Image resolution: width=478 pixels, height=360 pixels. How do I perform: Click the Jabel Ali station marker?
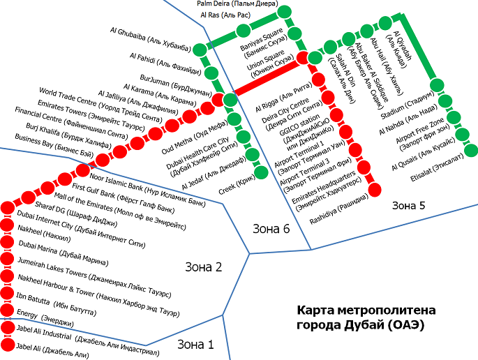coord(8,345)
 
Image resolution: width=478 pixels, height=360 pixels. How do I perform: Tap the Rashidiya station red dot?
coord(375,189)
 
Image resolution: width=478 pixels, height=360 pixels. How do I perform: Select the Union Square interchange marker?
coord(303,58)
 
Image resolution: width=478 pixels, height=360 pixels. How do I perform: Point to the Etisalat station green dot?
coord(471,149)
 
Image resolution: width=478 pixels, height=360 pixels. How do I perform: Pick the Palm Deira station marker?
coord(284,12)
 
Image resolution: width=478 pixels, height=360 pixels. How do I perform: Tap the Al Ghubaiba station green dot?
coord(200,49)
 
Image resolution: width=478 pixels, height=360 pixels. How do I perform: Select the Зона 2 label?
coord(203,267)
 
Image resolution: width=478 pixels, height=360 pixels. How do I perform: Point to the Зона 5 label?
coord(408,205)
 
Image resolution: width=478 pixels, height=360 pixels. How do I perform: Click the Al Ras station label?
coord(225,15)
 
